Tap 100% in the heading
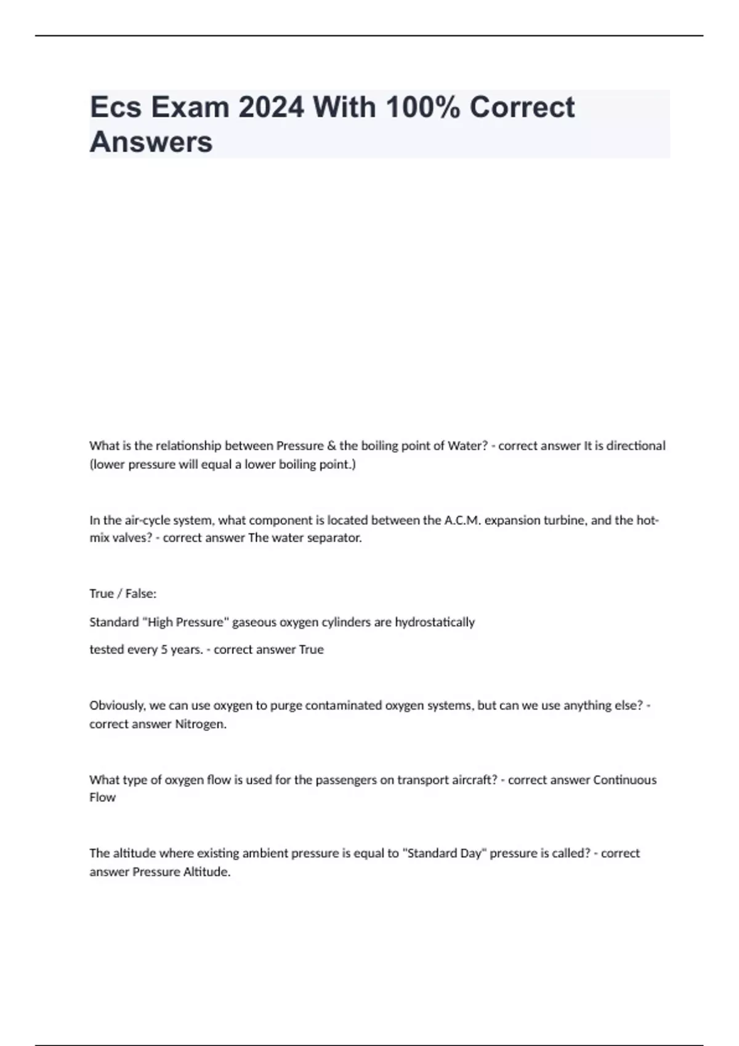click(x=422, y=108)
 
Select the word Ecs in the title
click(x=116, y=108)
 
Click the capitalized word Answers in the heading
click(x=151, y=142)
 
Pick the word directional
click(x=636, y=445)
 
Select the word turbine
click(x=563, y=520)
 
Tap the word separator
click(x=338, y=538)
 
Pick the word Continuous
click(x=624, y=780)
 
